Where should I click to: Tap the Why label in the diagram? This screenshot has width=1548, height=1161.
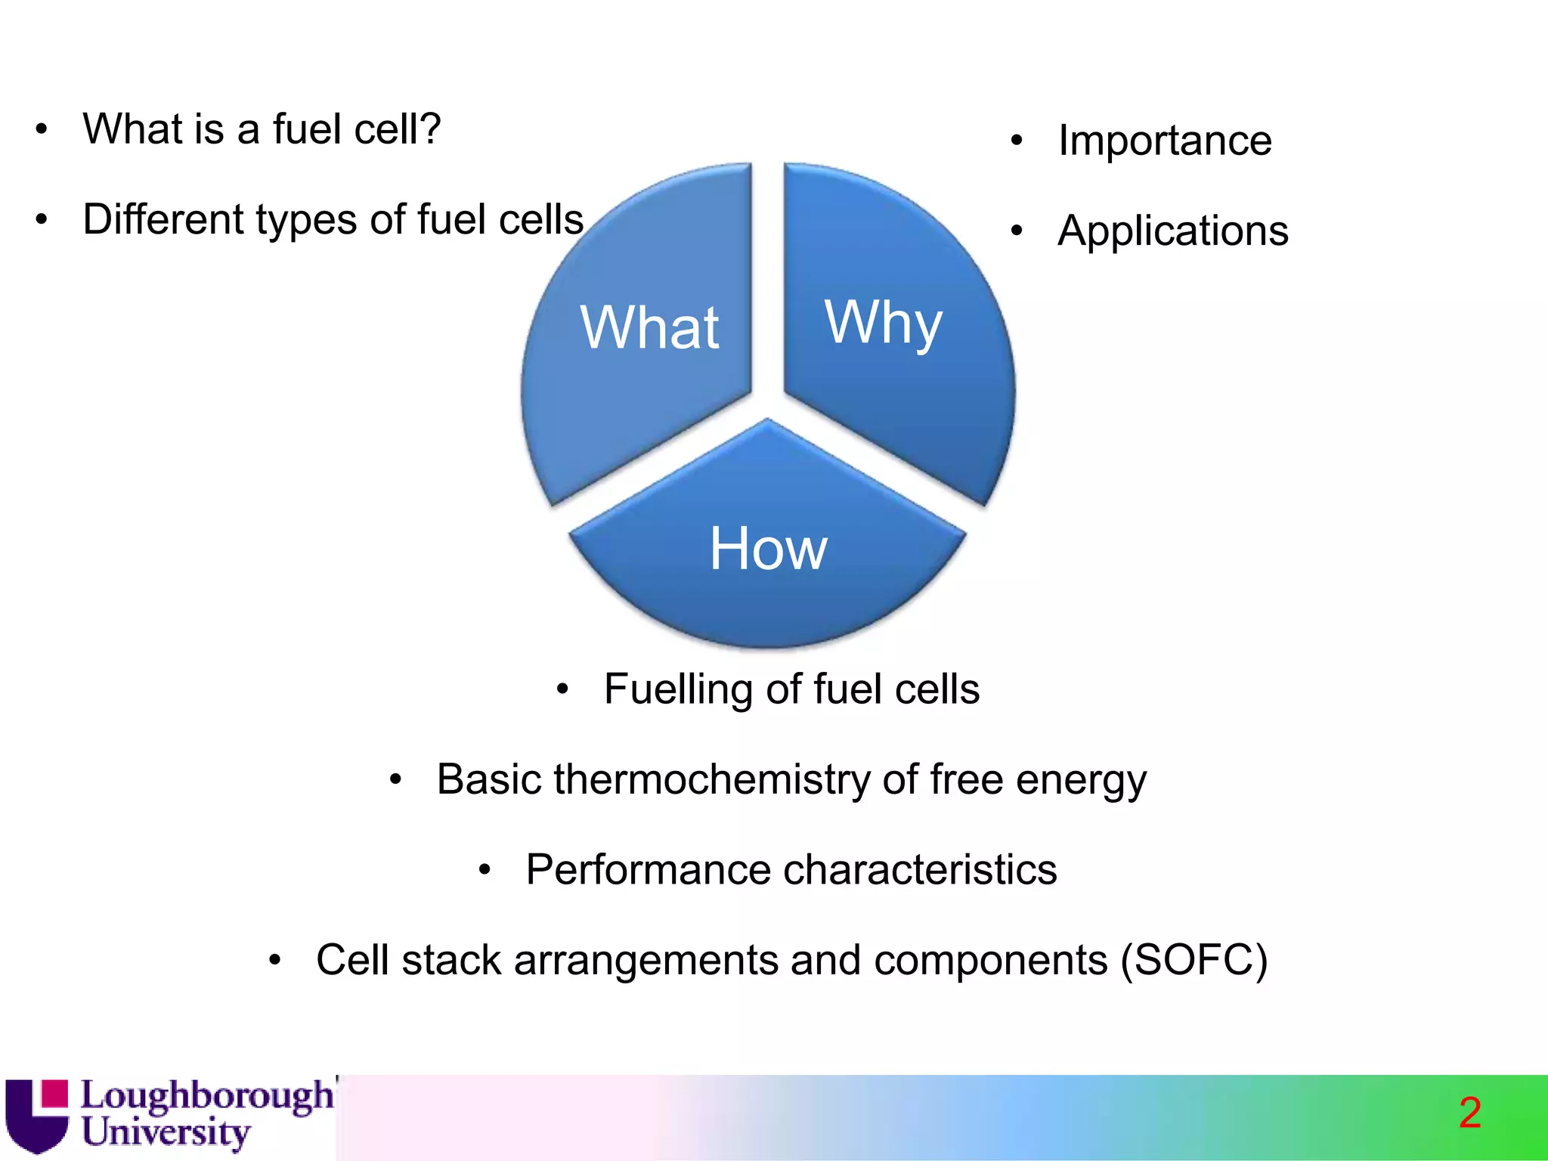click(883, 323)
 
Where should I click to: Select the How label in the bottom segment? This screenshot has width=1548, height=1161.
click(768, 549)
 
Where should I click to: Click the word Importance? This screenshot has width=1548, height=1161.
click(1164, 141)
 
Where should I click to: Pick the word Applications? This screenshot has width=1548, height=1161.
click(1172, 231)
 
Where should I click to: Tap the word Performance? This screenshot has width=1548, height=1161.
click(647, 869)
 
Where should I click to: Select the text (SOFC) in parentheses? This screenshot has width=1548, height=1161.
click(1194, 960)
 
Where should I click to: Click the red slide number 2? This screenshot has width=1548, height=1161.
click(1469, 1113)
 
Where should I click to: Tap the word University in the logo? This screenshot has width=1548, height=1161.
click(166, 1133)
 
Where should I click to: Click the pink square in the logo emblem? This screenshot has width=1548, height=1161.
click(54, 1094)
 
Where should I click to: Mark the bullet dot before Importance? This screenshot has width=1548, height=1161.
click(1017, 141)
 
